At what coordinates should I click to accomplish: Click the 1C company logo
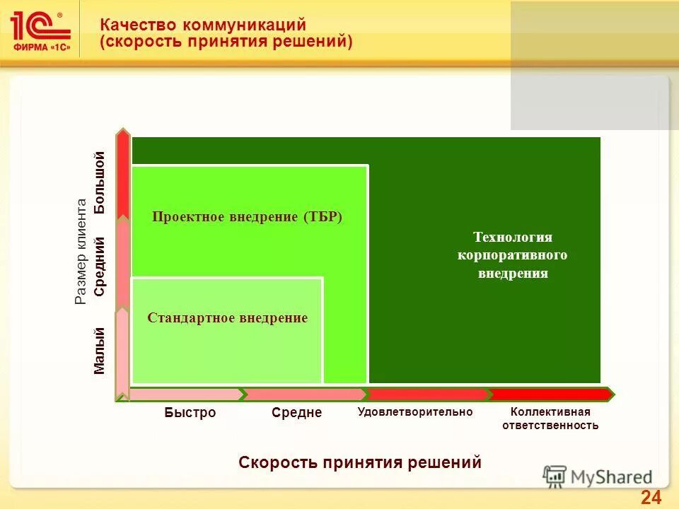[40, 30]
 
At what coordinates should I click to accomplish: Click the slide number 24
[651, 497]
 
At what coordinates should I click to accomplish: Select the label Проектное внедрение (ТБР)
[247, 216]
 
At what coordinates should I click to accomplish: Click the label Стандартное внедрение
[227, 317]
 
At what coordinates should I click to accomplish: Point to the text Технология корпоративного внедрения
[512, 255]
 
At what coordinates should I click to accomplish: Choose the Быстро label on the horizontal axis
[190, 412]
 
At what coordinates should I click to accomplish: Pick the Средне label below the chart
[296, 412]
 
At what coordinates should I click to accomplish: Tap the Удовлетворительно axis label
[414, 411]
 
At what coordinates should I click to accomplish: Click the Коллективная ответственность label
[550, 419]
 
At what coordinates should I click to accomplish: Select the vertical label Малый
[100, 351]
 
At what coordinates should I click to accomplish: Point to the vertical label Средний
[100, 267]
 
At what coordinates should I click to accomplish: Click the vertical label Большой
[100, 182]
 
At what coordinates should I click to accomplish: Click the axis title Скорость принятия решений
[360, 462]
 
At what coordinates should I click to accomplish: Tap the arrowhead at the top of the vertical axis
[124, 134]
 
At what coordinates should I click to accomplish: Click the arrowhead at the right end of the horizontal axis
[610, 394]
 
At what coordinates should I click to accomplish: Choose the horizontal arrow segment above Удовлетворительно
[427, 394]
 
